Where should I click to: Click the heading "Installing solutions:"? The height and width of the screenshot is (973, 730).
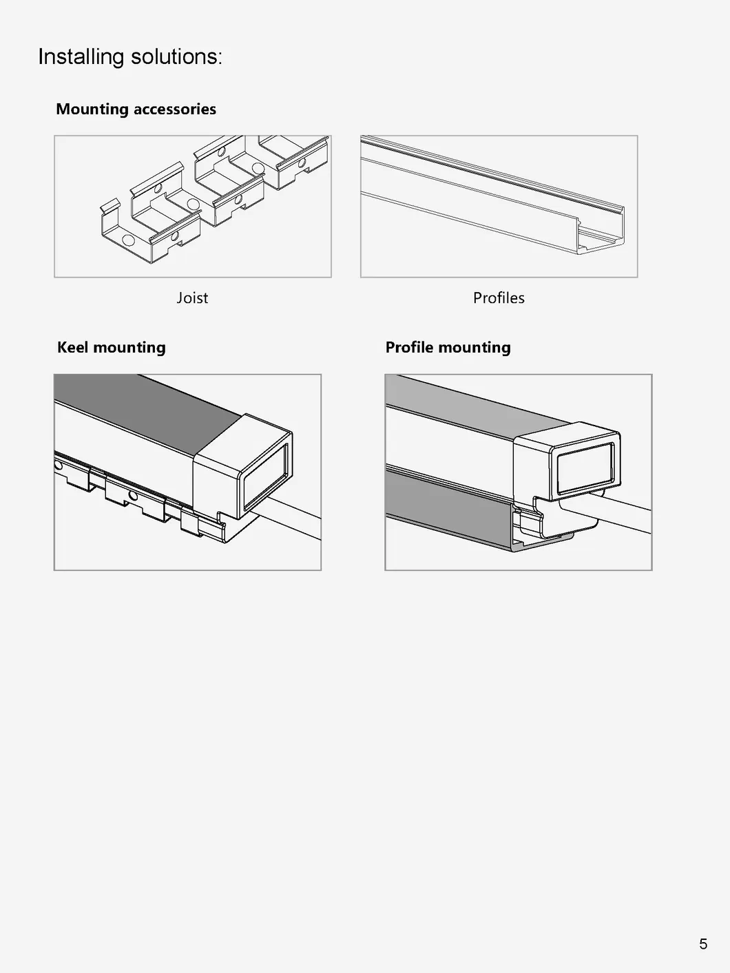pos(130,56)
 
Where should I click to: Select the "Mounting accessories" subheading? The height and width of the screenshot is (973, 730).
pos(136,109)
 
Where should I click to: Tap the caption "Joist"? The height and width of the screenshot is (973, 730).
pos(192,297)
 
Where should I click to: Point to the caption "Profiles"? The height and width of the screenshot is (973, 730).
pos(499,297)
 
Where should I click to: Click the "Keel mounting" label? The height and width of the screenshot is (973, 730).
pos(112,347)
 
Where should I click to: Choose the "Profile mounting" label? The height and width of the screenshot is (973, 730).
pos(448,347)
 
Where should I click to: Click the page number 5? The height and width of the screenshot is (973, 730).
pos(703,943)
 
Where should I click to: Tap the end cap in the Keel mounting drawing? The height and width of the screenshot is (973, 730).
pos(241,475)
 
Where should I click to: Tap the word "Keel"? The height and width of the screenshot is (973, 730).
pos(72,347)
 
